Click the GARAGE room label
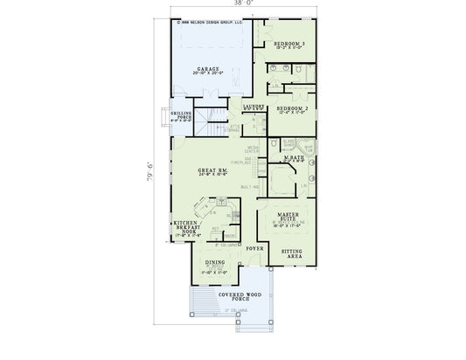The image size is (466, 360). point(207,68)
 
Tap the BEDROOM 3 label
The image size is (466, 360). point(288,44)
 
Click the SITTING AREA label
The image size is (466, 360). point(292,253)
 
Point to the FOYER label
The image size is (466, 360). point(254,250)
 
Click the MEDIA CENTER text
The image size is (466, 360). point(252,150)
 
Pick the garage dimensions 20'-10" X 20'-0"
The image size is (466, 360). point(207,74)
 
